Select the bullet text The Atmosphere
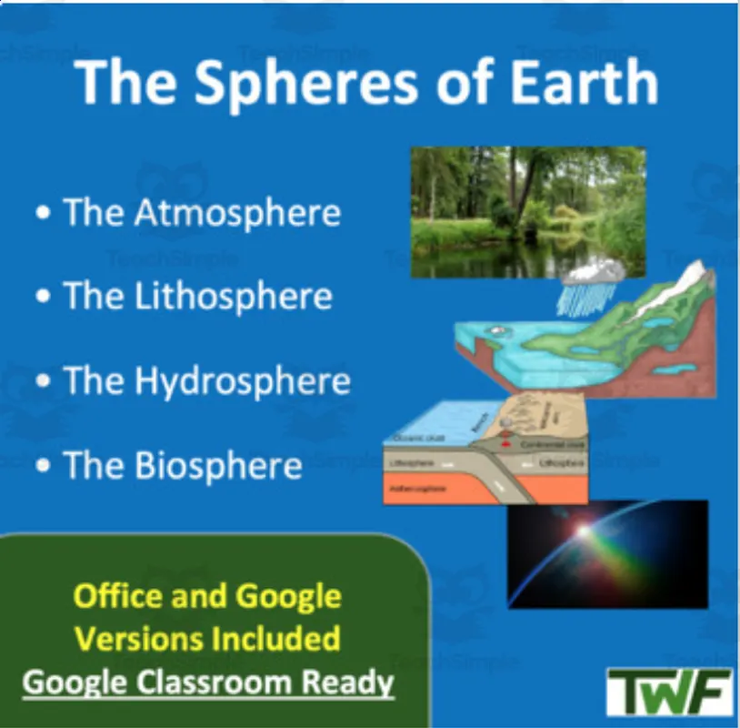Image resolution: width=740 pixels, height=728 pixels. tap(202, 213)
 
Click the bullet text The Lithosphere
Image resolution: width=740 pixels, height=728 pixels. tap(197, 297)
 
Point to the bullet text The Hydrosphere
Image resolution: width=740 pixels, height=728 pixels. tap(206, 380)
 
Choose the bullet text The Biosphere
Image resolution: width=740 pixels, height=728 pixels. tap(183, 465)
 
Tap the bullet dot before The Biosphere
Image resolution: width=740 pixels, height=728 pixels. tap(43, 467)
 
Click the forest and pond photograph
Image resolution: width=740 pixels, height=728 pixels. tap(527, 211)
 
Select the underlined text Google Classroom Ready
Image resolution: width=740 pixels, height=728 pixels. tap(208, 682)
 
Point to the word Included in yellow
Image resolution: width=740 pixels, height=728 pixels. tap(275, 639)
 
